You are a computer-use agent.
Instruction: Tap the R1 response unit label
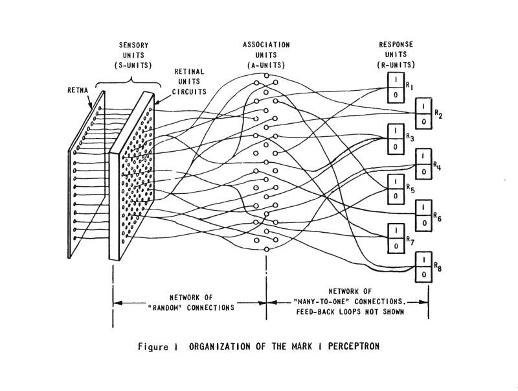[410, 86]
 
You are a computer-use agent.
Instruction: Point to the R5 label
[410, 188]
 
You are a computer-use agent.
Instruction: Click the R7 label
[410, 241]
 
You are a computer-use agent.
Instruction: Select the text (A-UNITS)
[267, 65]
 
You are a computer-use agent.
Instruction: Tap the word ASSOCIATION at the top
[267, 45]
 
